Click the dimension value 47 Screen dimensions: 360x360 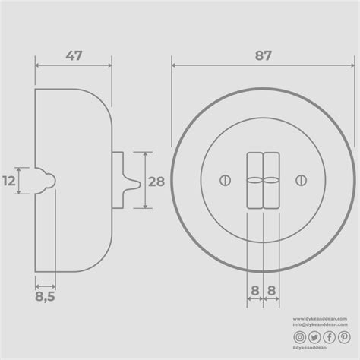[74, 56]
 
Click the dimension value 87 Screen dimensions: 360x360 [262, 56]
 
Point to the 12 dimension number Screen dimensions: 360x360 [10, 181]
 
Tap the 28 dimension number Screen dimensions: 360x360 [156, 181]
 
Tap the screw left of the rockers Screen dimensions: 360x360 [225, 180]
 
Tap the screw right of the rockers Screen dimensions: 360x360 [301, 180]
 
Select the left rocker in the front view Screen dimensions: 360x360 [254, 181]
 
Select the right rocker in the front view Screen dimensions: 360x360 [271, 181]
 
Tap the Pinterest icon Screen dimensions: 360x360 [343, 336]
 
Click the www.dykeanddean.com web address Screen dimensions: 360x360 [321, 319]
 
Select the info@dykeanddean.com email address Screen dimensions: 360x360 [321, 325]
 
